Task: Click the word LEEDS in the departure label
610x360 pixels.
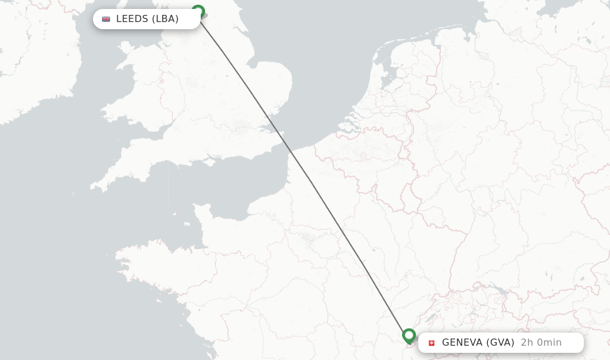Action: pyautogui.click(x=132, y=19)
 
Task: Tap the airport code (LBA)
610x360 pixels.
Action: pyautogui.click(x=165, y=19)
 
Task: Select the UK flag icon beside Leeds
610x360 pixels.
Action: pyautogui.click(x=106, y=19)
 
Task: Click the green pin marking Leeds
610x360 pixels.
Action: pyautogui.click(x=198, y=11)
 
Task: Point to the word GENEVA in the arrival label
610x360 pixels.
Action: pyautogui.click(x=462, y=343)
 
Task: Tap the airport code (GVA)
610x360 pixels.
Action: pyautogui.click(x=500, y=343)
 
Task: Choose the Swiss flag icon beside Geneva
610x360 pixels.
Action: pyautogui.click(x=432, y=343)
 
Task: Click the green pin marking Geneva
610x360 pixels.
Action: pyautogui.click(x=409, y=336)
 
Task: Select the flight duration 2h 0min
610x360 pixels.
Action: pyautogui.click(x=541, y=343)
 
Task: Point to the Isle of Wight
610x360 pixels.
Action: pyautogui.click(x=209, y=161)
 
